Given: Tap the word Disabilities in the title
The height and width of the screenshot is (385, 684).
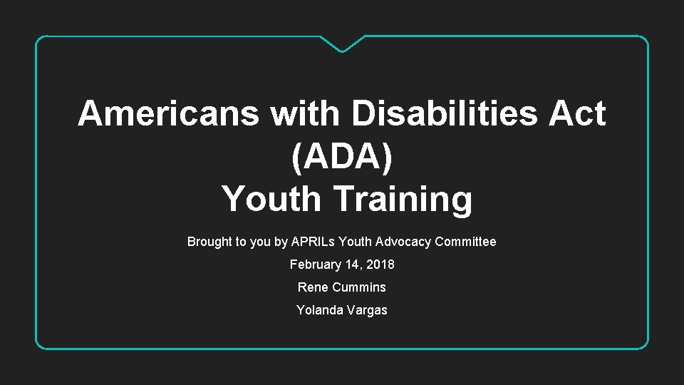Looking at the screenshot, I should (443, 113).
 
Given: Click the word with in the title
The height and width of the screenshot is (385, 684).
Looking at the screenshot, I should (303, 113).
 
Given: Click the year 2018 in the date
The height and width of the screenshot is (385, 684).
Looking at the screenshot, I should (380, 265).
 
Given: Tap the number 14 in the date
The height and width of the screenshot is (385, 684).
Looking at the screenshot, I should (351, 265).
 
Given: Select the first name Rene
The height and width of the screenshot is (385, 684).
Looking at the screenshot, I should (312, 287).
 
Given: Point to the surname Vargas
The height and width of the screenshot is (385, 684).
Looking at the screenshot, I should (368, 310).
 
